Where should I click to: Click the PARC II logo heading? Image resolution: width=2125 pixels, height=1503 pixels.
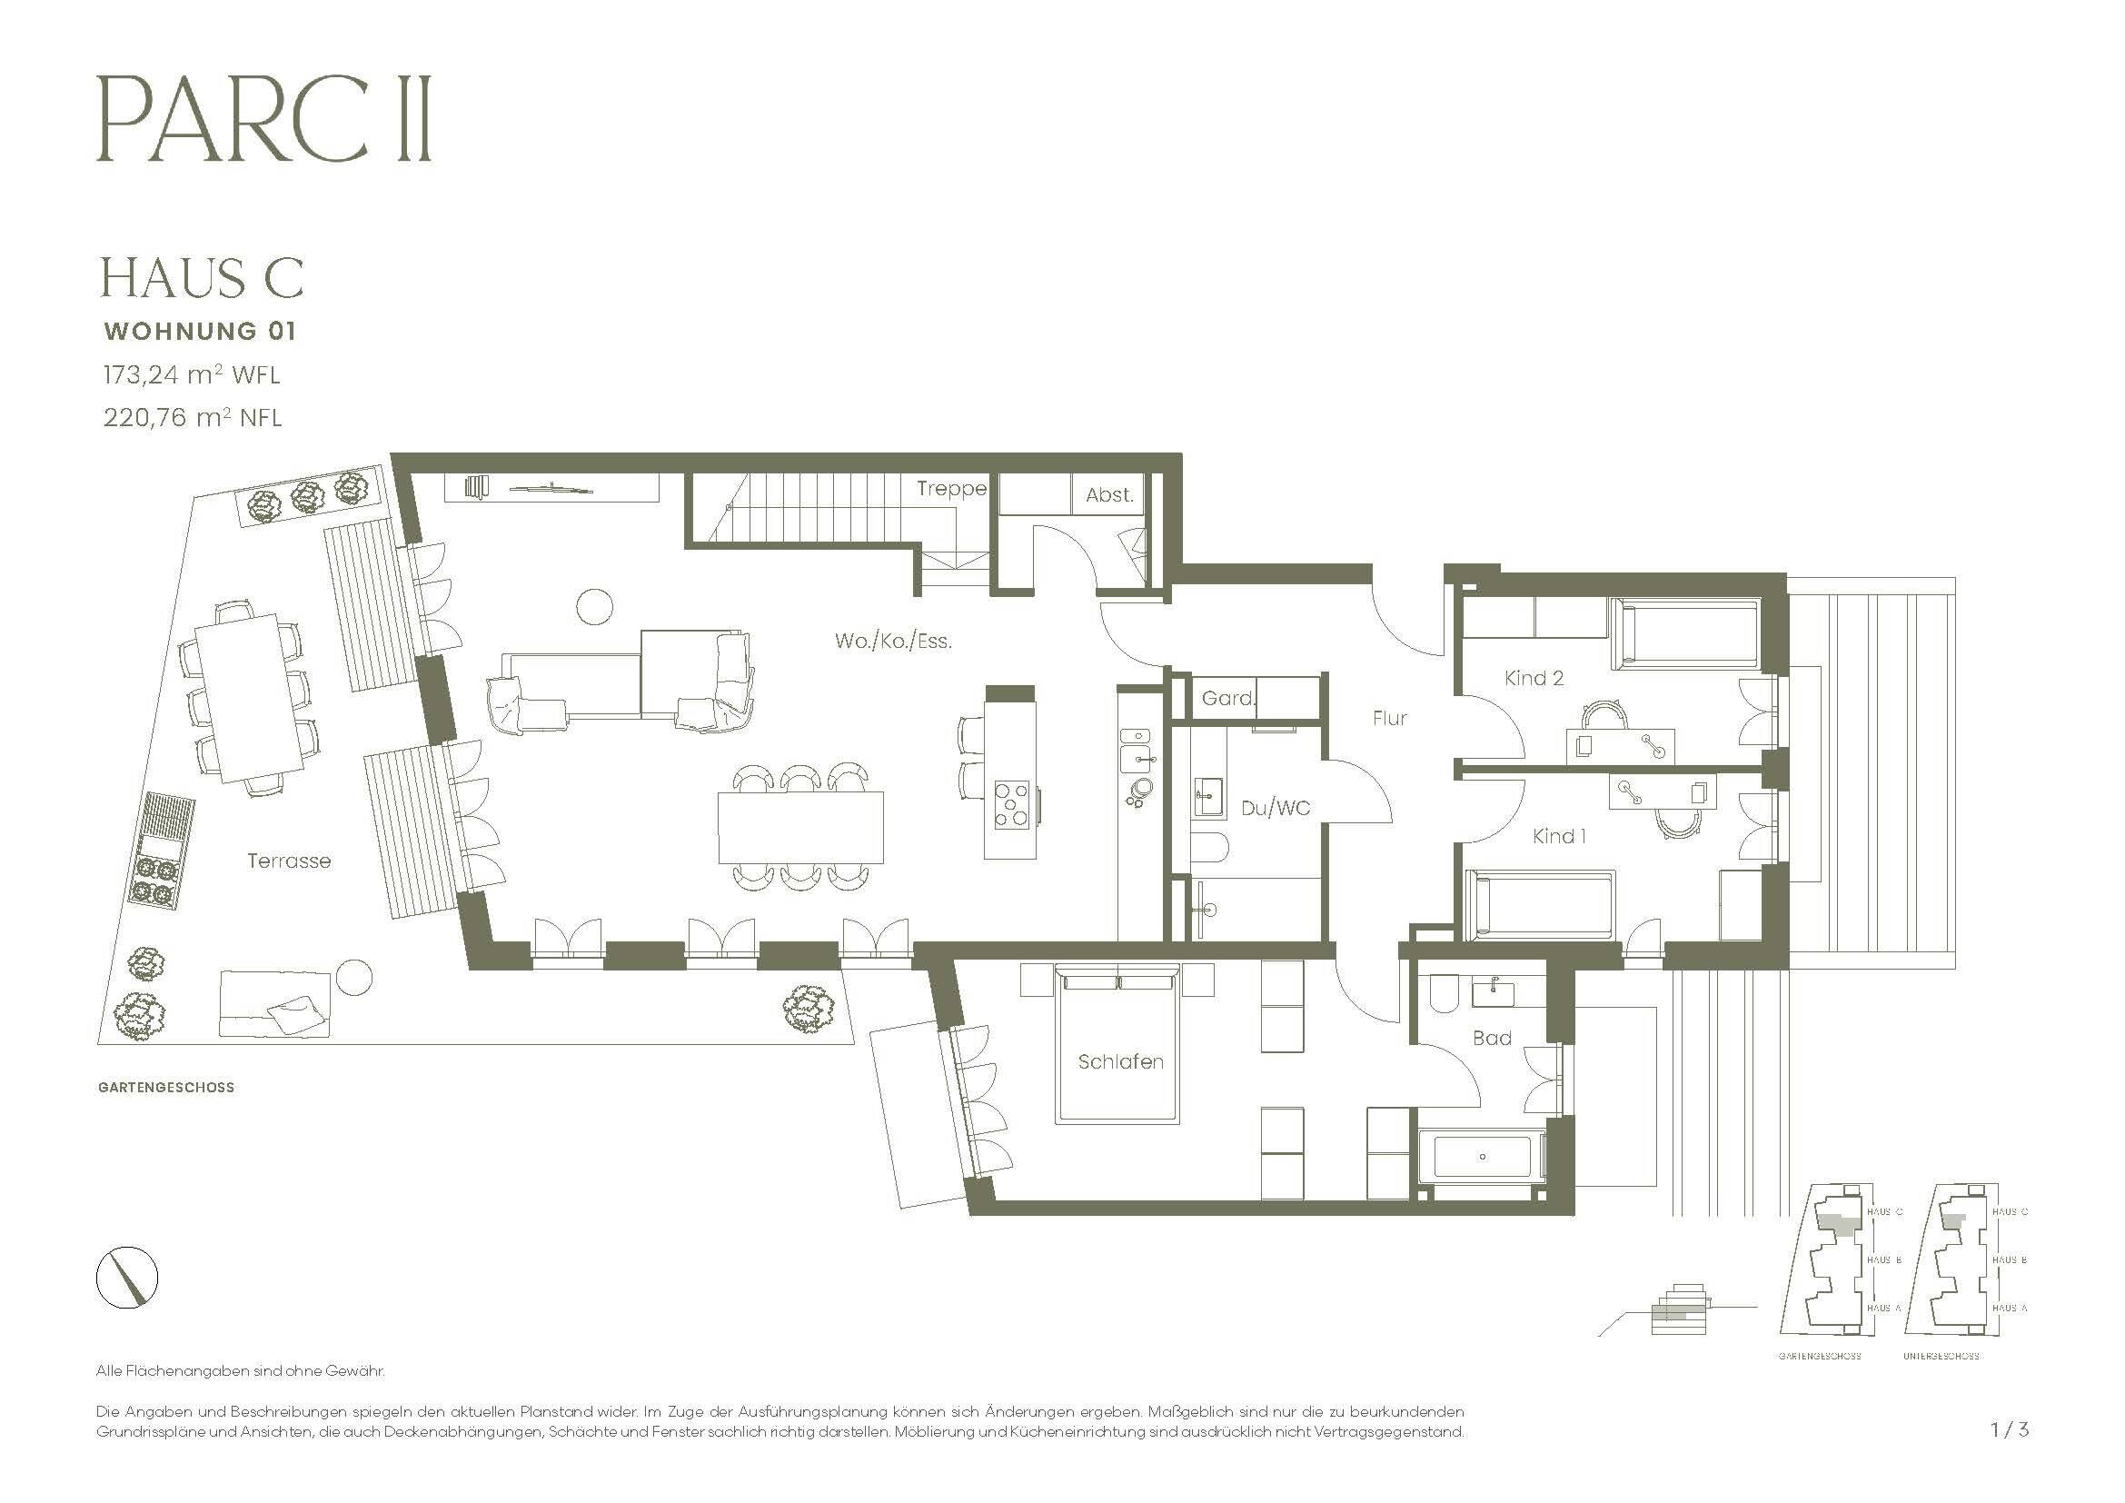tap(263, 120)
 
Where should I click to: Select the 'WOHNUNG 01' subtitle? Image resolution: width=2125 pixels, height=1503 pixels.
tap(200, 331)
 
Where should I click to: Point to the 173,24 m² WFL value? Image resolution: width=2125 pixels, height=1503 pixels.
tap(192, 374)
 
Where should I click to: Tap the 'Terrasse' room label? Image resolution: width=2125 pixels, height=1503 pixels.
tap(289, 861)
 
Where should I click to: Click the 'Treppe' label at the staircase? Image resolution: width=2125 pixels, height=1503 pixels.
tap(950, 489)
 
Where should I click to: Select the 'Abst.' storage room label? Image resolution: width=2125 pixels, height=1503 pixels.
tap(1108, 495)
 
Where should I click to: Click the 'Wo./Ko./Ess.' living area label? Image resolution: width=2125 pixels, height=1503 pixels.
tap(893, 641)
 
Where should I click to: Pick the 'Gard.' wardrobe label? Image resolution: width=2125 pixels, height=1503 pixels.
tap(1228, 699)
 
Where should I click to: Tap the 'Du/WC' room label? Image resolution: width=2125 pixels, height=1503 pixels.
tap(1275, 808)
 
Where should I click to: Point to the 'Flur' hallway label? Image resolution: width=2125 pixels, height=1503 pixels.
tap(1389, 718)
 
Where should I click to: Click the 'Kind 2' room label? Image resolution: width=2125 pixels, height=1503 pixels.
tap(1534, 679)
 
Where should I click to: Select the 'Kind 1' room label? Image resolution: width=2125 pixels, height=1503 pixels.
tap(1559, 837)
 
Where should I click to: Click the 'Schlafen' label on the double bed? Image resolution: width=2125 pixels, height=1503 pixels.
tap(1120, 1061)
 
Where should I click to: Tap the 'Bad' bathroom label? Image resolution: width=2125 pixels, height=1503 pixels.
tap(1491, 1039)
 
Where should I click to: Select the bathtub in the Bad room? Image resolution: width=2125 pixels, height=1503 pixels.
tap(1482, 1157)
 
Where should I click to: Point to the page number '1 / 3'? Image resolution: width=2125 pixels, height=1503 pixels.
tap(2010, 1429)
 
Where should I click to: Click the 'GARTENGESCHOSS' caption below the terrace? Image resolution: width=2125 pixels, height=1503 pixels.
tap(165, 1088)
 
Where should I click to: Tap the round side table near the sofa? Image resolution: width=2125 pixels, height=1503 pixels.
tap(594, 607)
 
